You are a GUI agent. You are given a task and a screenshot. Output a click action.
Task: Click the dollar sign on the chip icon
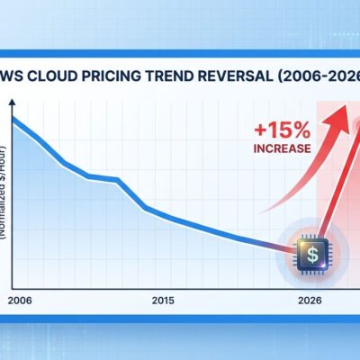(310, 256)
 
